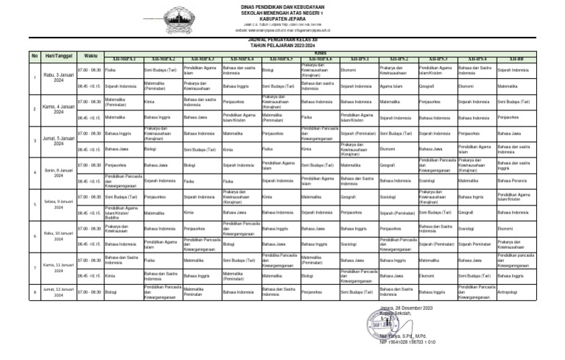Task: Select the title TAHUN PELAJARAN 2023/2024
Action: coord(282,48)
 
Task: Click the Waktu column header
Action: coord(90,56)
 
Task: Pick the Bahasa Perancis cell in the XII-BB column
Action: coord(512,181)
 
